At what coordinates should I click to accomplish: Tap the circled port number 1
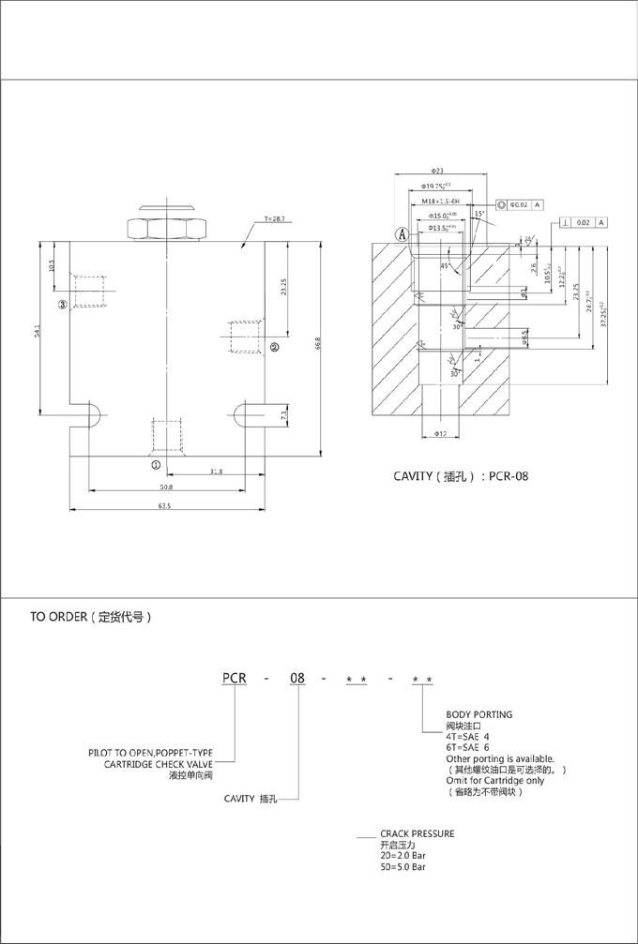[x=156, y=464]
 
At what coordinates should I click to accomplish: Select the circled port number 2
[x=274, y=347]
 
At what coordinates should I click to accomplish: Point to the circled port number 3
[x=63, y=304]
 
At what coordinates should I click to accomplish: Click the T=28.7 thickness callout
[x=276, y=217]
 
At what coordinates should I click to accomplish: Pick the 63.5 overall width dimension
[x=164, y=506]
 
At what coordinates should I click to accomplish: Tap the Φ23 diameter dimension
[x=437, y=172]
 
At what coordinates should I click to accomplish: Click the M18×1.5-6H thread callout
[x=440, y=202]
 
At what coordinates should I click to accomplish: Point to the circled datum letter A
[x=402, y=234]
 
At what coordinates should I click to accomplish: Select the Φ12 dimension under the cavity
[x=441, y=433]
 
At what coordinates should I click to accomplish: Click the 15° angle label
[x=479, y=214]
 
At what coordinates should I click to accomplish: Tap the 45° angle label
[x=445, y=265]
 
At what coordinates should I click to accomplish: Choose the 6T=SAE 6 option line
[x=469, y=747]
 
